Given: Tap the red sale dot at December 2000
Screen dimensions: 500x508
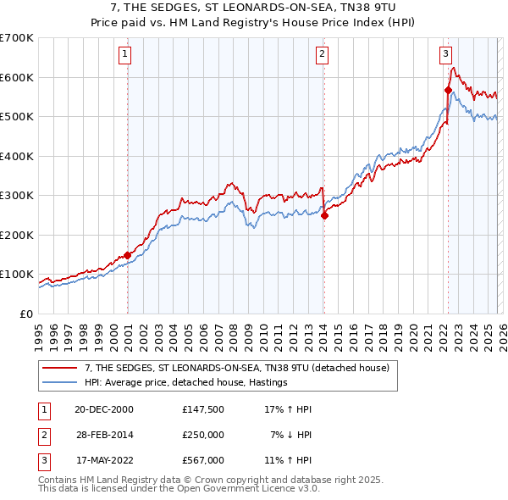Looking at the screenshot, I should click(x=127, y=255).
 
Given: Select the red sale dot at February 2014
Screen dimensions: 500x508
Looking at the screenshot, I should click(x=324, y=215).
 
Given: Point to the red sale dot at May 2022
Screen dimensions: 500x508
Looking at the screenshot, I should click(x=448, y=90).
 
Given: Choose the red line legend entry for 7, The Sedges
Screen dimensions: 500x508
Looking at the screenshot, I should click(x=236, y=368).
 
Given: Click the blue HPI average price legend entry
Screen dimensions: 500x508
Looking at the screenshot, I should click(x=186, y=383).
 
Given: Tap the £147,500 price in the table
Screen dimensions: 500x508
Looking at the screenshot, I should click(x=202, y=409).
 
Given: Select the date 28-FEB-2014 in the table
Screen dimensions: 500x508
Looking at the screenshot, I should click(x=105, y=434).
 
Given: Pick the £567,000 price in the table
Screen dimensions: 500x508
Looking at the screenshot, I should click(x=202, y=460).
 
